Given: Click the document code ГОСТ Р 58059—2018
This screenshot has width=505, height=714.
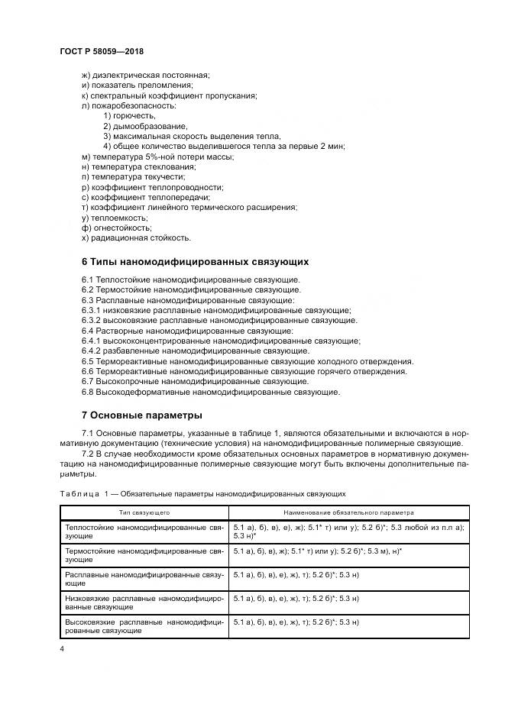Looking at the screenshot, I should tap(102, 51).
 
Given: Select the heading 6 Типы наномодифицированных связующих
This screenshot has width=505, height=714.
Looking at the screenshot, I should tap(195, 261).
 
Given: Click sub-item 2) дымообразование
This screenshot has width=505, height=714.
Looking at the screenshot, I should tap(145, 126).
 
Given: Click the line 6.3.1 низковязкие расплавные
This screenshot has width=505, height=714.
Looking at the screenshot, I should tap(215, 311).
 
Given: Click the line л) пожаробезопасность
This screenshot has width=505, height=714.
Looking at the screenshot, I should tap(128, 105).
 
